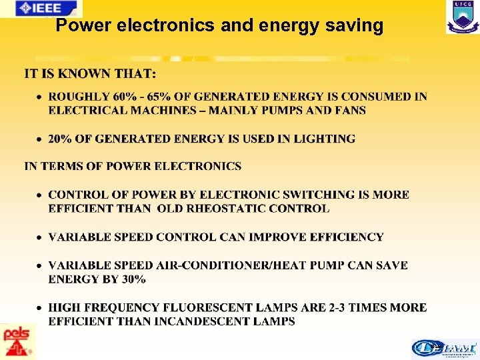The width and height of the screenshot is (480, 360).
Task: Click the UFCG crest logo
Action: click(x=462, y=17)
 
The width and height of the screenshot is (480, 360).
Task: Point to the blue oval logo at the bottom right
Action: click(x=445, y=348)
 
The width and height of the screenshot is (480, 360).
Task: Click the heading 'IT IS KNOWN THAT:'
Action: click(x=91, y=72)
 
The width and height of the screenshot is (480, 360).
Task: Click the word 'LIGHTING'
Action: click(x=323, y=139)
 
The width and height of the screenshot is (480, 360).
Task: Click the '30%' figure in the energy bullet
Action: click(x=133, y=279)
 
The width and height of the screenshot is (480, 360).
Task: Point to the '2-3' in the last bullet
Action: click(x=339, y=307)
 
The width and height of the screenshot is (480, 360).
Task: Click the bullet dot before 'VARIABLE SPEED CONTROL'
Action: click(x=40, y=237)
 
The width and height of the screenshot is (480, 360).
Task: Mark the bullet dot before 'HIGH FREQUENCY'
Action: click(x=40, y=308)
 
